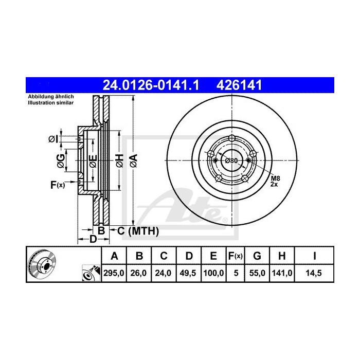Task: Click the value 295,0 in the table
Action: pyautogui.click(x=114, y=274)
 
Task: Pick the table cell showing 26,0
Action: pyautogui.click(x=138, y=274)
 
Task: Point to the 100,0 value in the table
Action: pyautogui.click(x=212, y=274)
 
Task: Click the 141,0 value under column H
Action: pyautogui.click(x=284, y=274)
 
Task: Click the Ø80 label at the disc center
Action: pyautogui.click(x=232, y=160)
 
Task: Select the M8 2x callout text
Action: pyautogui.click(x=275, y=181)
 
